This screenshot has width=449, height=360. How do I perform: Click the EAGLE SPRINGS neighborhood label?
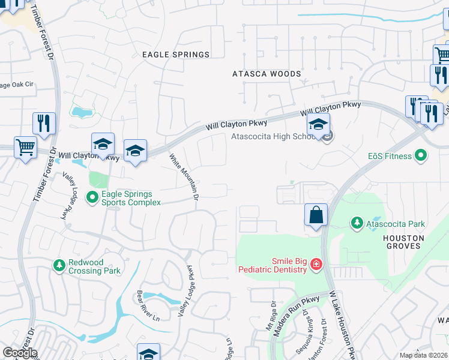pyautogui.click(x=176, y=55)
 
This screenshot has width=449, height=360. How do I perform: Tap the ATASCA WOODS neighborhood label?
pyautogui.click(x=267, y=74)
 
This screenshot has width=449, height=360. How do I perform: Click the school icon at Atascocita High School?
pyautogui.click(x=318, y=126)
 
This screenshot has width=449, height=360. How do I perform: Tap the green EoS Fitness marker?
pyautogui.click(x=421, y=156)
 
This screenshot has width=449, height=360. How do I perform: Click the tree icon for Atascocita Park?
pyautogui.click(x=357, y=224)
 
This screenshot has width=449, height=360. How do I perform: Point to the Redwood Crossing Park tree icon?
pyautogui.click(x=59, y=265)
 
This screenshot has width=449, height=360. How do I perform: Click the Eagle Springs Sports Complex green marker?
pyautogui.click(x=92, y=196)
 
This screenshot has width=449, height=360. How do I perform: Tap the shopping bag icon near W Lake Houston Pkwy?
pyautogui.click(x=316, y=215)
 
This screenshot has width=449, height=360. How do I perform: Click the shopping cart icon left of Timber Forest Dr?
pyautogui.click(x=25, y=147)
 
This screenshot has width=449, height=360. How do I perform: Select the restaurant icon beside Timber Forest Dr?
pyautogui.click(x=44, y=124)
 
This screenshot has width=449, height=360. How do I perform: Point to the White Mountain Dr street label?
pyautogui.click(x=184, y=178)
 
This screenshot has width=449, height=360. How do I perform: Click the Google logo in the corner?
pyautogui.click(x=20, y=353)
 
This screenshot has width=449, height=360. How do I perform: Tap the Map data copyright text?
pyautogui.click(x=423, y=355)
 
